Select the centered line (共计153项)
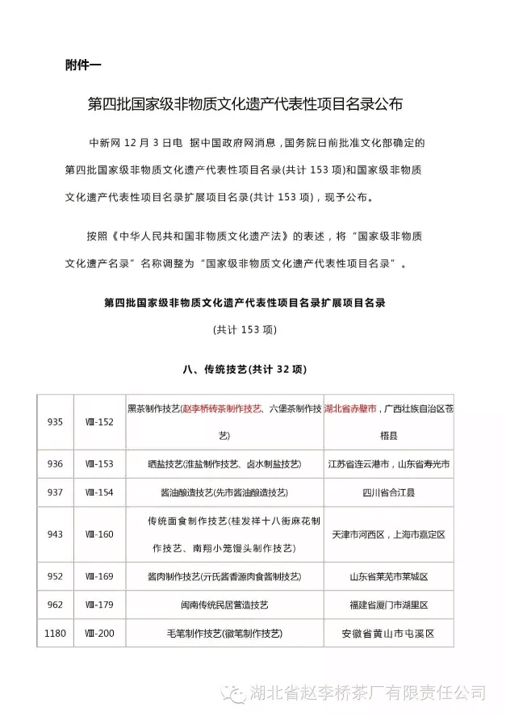coord(245,329)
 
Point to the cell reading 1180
coord(54,633)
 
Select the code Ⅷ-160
coord(99,534)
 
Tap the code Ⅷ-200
coord(99,633)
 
